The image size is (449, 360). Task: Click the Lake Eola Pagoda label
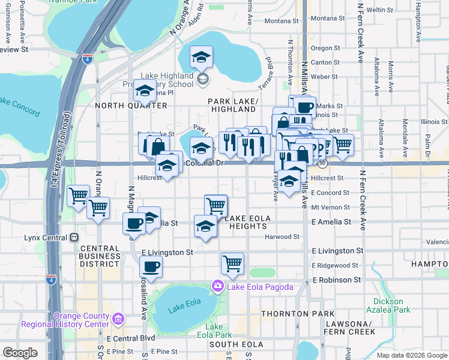pyautogui.click(x=259, y=287)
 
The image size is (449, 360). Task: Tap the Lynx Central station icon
pyautogui.click(x=74, y=238)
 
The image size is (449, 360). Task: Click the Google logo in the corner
pyautogui.click(x=20, y=353)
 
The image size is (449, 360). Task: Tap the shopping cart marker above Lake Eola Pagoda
pyautogui.click(x=232, y=263)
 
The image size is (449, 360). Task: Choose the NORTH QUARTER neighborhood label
pyautogui.click(x=131, y=106)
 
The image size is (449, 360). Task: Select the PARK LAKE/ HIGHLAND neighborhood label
pyautogui.click(x=233, y=105)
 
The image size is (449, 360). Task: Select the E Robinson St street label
pyautogui.click(x=336, y=280)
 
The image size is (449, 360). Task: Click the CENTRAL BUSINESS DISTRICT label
pyautogui.click(x=100, y=256)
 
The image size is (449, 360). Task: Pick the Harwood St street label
pyautogui.click(x=285, y=237)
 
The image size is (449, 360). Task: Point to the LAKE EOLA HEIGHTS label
pyautogui.click(x=245, y=222)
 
